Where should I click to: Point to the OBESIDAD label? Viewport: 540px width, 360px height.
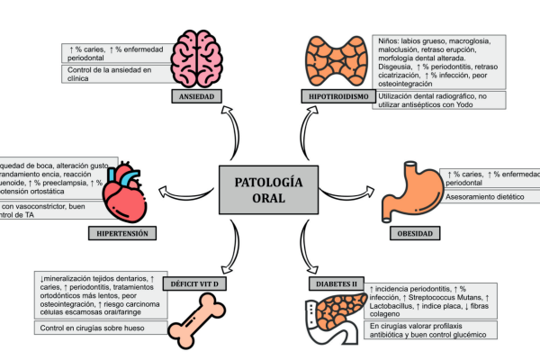click(415, 234)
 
